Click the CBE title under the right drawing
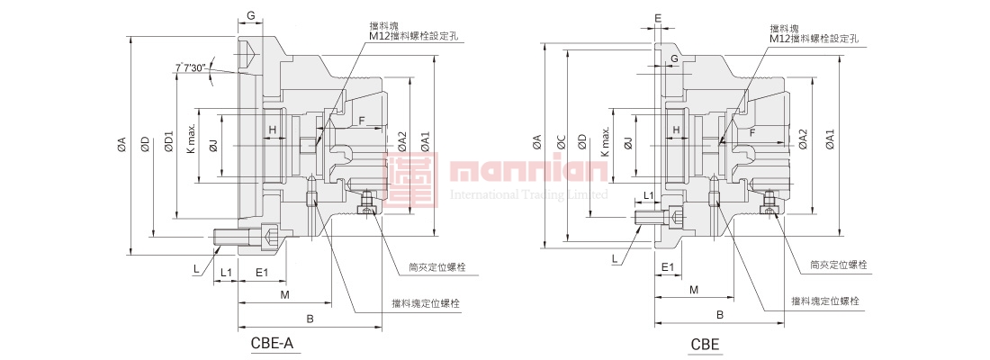704,343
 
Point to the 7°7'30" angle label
192,67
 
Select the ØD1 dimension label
168,142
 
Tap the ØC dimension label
560,142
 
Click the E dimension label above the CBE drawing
658,18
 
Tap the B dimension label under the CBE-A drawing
310,319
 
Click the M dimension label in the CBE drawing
694,290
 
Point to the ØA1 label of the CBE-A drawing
426,141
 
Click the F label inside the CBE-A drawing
361,120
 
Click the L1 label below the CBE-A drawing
226,272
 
